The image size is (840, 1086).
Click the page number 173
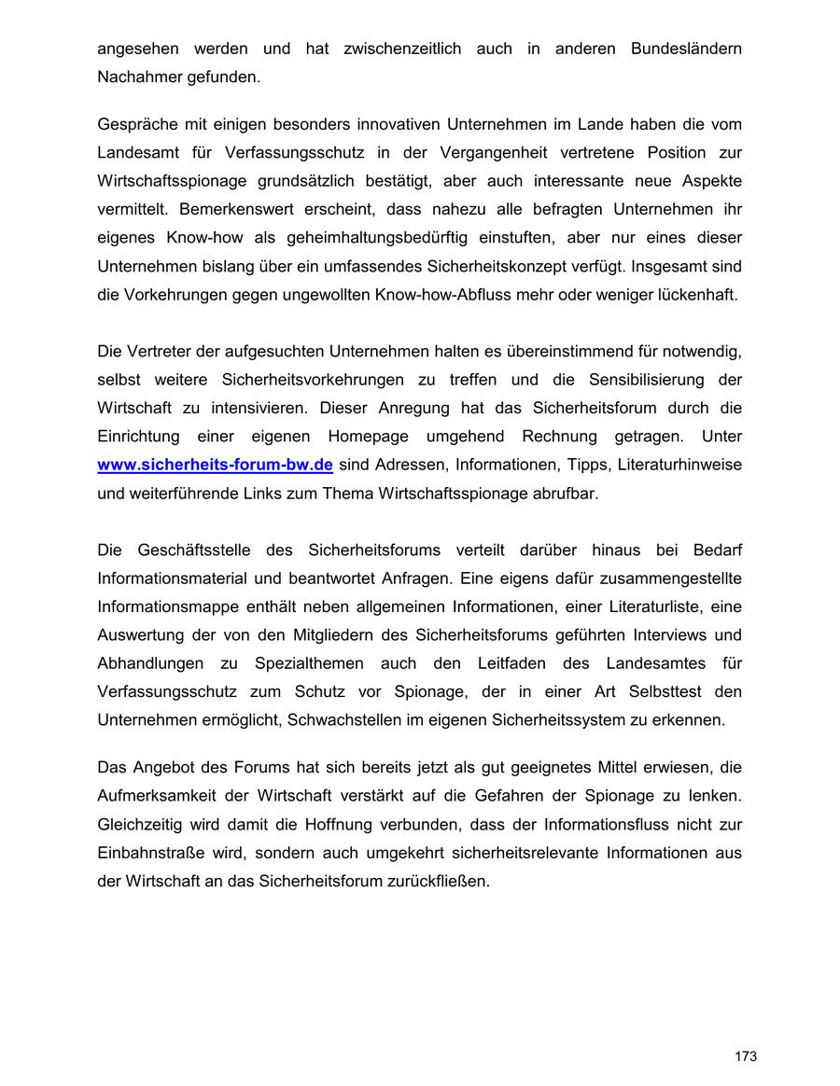coord(745,1056)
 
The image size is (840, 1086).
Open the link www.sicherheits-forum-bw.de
coord(215,465)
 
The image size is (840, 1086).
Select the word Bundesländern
coord(686,49)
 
